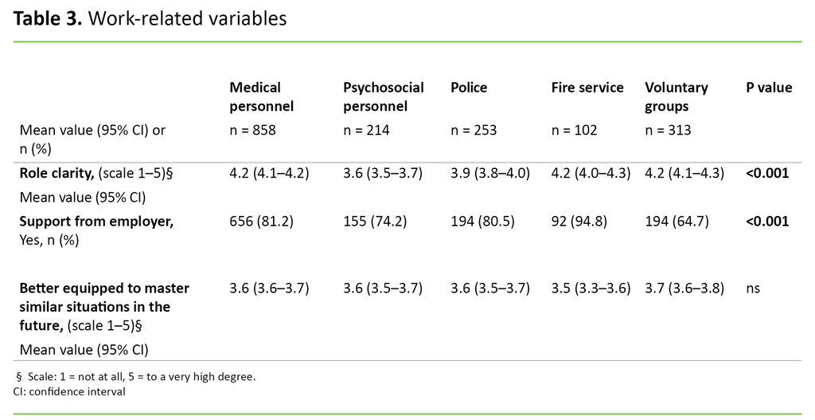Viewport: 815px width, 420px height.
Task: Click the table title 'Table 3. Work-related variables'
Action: pos(150,19)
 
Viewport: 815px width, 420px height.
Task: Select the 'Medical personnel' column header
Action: pos(261,96)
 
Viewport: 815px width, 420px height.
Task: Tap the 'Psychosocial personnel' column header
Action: pos(383,96)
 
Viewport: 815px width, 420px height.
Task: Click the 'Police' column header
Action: pos(468,88)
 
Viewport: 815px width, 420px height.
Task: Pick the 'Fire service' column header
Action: pos(587,88)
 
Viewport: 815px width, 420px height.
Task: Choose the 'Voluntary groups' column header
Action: pos(676,96)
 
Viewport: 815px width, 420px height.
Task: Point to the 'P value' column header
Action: pos(768,88)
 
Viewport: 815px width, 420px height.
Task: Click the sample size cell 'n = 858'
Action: pos(252,130)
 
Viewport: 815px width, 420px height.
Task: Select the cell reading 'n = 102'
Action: pos(574,130)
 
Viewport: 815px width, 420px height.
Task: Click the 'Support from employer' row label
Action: pos(96,222)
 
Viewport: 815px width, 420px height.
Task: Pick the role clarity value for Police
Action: pos(489,172)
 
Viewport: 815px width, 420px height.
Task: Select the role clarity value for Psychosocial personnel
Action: pos(382,172)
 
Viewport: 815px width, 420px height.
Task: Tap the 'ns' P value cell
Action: pos(752,288)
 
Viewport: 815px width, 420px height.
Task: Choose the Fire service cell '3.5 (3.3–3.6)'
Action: pos(591,288)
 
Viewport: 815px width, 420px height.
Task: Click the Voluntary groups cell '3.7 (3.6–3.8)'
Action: pos(684,288)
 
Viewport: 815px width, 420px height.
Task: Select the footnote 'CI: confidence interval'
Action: pos(69,391)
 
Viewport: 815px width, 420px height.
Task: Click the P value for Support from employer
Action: pos(767,222)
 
